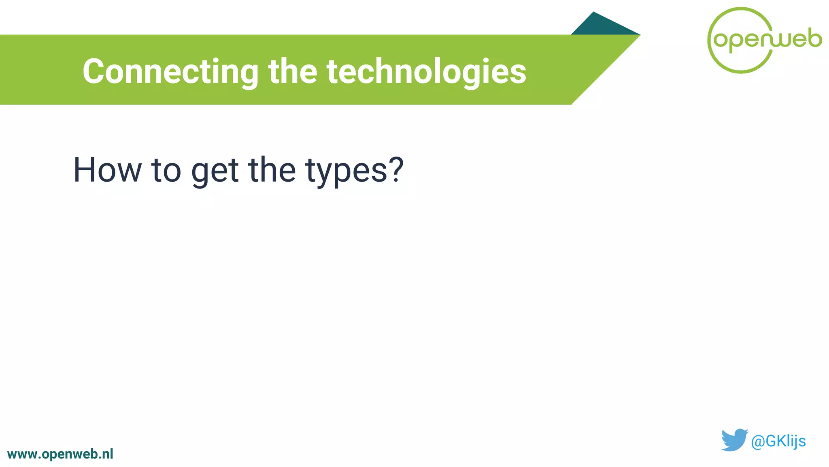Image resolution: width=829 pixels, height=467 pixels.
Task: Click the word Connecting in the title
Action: (170, 72)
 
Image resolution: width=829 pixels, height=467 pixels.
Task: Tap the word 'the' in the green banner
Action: (293, 72)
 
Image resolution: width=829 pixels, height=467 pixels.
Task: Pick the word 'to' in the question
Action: (166, 170)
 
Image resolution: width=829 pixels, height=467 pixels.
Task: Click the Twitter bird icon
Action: (734, 440)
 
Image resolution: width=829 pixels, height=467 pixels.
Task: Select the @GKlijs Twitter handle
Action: (778, 441)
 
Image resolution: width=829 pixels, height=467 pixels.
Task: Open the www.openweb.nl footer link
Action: (60, 454)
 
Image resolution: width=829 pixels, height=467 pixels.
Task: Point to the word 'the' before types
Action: (272, 170)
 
